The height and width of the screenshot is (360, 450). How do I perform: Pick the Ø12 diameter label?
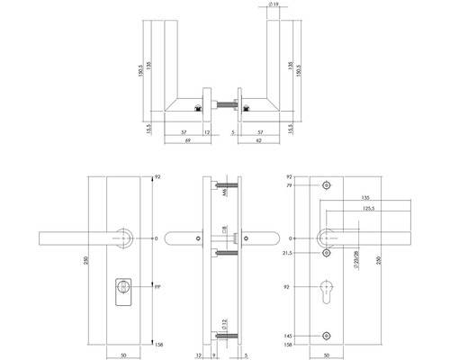pyautogui.click(x=213, y=322)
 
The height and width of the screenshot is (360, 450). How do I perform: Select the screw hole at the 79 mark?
pyautogui.click(x=327, y=186)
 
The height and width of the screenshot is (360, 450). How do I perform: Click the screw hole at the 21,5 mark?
pyautogui.click(x=327, y=255)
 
